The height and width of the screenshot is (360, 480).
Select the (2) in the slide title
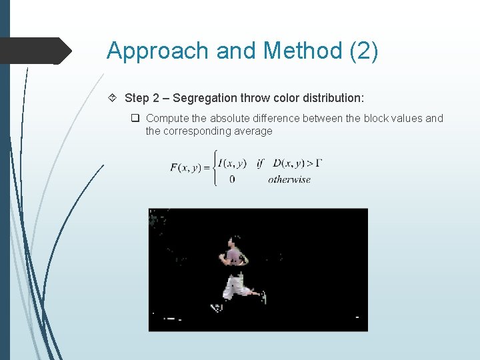pyautogui.click(x=364, y=51)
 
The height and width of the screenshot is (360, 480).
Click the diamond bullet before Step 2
pyautogui.click(x=113, y=98)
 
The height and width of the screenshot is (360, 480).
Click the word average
pyautogui.click(x=253, y=131)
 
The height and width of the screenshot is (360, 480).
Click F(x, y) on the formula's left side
pyautogui.click(x=188, y=167)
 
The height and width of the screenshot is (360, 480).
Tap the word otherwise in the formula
pyautogui.click(x=289, y=179)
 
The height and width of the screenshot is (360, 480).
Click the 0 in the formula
pyautogui.click(x=231, y=179)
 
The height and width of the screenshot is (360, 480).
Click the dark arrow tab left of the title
pyautogui.click(x=37, y=51)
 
